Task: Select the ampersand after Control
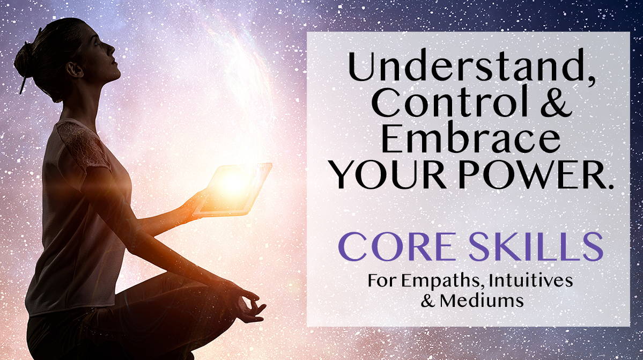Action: [556, 103]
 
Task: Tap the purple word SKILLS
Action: [536, 246]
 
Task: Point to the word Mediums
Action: [482, 301]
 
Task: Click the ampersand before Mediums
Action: [428, 302]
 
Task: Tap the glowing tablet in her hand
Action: [233, 189]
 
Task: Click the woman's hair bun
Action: [25, 60]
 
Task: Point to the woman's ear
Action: [75, 69]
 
